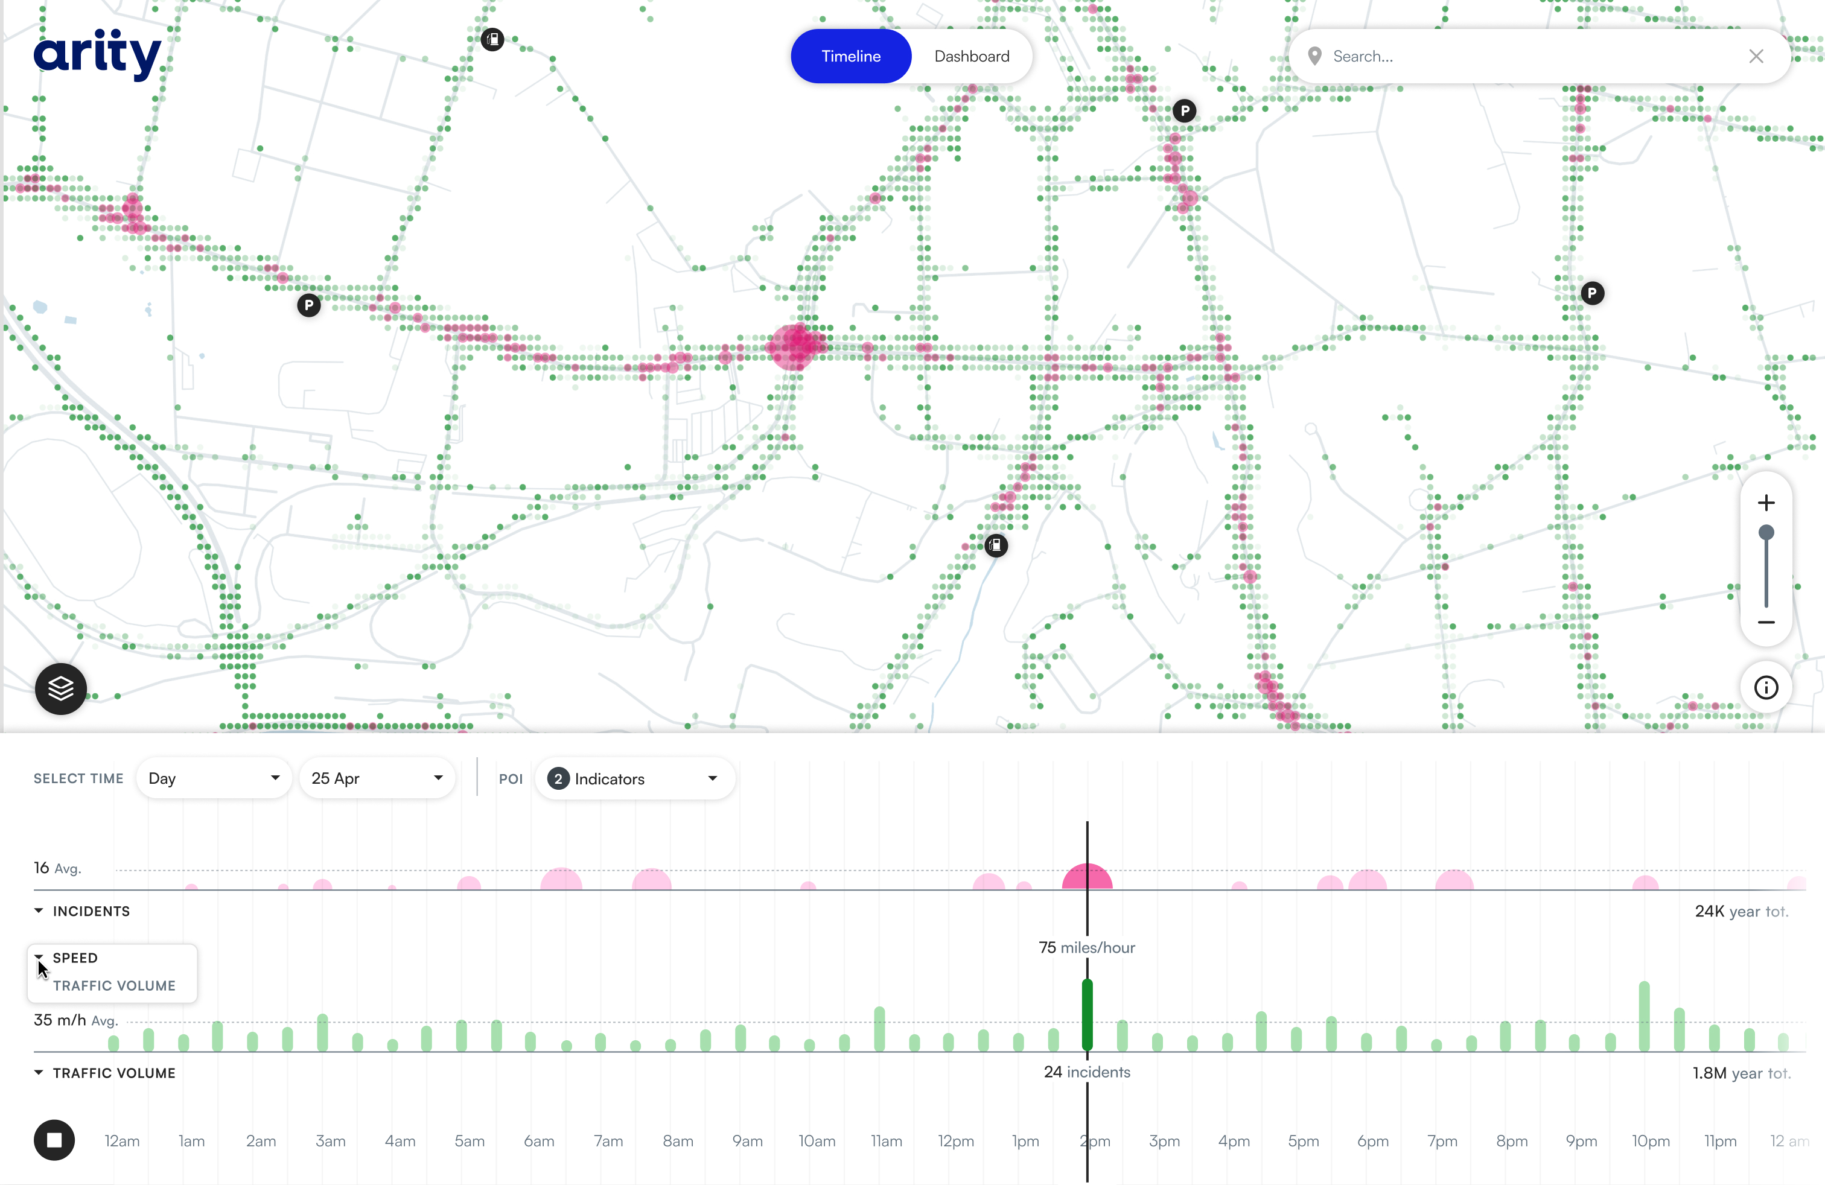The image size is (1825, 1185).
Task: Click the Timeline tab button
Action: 850,56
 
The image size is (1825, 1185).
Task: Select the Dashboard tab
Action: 972,56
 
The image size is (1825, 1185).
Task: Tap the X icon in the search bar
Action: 1756,56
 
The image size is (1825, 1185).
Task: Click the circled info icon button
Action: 1766,688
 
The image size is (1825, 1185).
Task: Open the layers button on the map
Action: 60,688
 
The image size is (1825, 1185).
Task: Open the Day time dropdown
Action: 213,778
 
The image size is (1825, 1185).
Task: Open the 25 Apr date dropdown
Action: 377,778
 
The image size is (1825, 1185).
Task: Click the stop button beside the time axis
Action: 54,1140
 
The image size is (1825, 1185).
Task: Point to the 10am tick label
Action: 817,1140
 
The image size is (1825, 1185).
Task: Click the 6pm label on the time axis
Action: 1372,1140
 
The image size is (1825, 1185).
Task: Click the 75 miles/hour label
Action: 1086,947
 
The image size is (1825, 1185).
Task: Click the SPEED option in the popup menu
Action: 75,958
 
